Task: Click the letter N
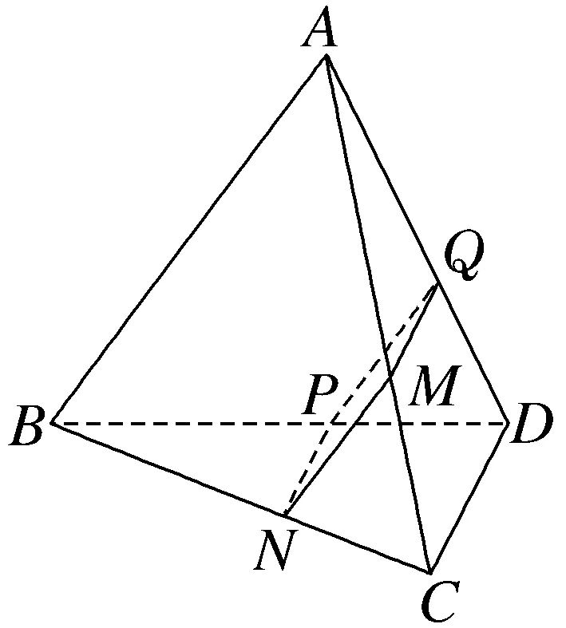click(x=272, y=551)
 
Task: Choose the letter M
click(x=432, y=390)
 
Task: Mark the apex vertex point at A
click(x=326, y=57)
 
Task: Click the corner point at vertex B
click(x=53, y=422)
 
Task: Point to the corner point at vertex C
click(x=430, y=572)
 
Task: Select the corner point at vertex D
click(x=508, y=422)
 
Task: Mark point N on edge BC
click(x=286, y=513)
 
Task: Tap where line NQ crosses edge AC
click(x=390, y=370)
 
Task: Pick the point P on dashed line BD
click(x=330, y=422)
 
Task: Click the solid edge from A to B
click(x=189, y=239)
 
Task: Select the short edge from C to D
click(x=469, y=497)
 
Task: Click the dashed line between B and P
click(x=192, y=422)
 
